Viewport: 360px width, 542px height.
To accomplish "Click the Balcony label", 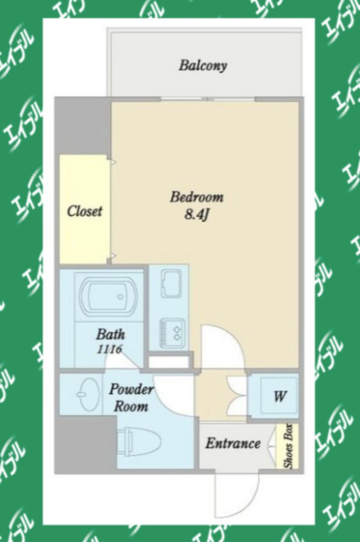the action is click(x=203, y=66).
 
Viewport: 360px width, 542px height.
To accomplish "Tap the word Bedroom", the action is click(x=197, y=197).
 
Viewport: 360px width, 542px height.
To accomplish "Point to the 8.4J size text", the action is click(x=196, y=215).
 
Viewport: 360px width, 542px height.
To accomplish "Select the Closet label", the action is click(x=84, y=211).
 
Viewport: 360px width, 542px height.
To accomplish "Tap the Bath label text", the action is click(x=111, y=334).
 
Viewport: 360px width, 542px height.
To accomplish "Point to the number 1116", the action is click(x=109, y=349).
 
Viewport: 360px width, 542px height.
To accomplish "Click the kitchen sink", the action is click(x=171, y=284).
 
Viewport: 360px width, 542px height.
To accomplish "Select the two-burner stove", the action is click(x=172, y=333).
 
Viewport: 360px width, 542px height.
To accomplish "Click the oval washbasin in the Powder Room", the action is click(x=88, y=394).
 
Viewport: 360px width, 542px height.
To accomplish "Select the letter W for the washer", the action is click(x=280, y=396).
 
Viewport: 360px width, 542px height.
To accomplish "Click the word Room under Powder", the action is click(x=131, y=407).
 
